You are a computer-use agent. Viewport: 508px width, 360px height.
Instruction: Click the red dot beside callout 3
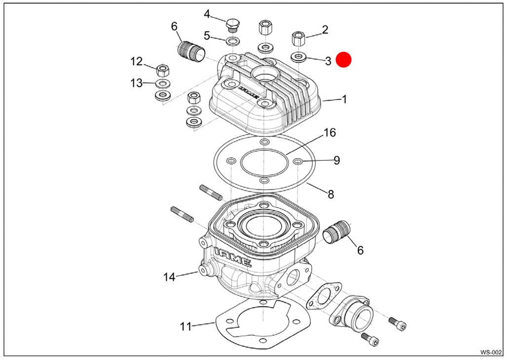click(343, 60)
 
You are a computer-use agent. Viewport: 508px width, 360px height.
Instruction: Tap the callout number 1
click(344, 99)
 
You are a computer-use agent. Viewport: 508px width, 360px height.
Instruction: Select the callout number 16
click(329, 133)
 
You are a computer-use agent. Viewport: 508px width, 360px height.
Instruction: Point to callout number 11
click(185, 326)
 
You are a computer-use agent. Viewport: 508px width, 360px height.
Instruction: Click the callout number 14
click(169, 277)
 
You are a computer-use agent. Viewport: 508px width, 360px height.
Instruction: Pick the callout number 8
click(330, 194)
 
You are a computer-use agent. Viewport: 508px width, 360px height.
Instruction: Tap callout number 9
click(336, 160)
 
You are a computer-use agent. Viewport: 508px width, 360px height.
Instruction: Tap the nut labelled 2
click(299, 37)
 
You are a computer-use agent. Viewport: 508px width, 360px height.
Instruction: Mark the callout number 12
click(137, 62)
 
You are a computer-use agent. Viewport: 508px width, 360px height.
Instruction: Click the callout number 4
click(207, 14)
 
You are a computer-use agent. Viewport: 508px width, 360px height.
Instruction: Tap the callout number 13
click(137, 83)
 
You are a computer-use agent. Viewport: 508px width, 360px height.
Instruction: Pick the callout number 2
click(325, 30)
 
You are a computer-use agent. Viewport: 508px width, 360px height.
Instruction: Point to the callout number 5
click(207, 36)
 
